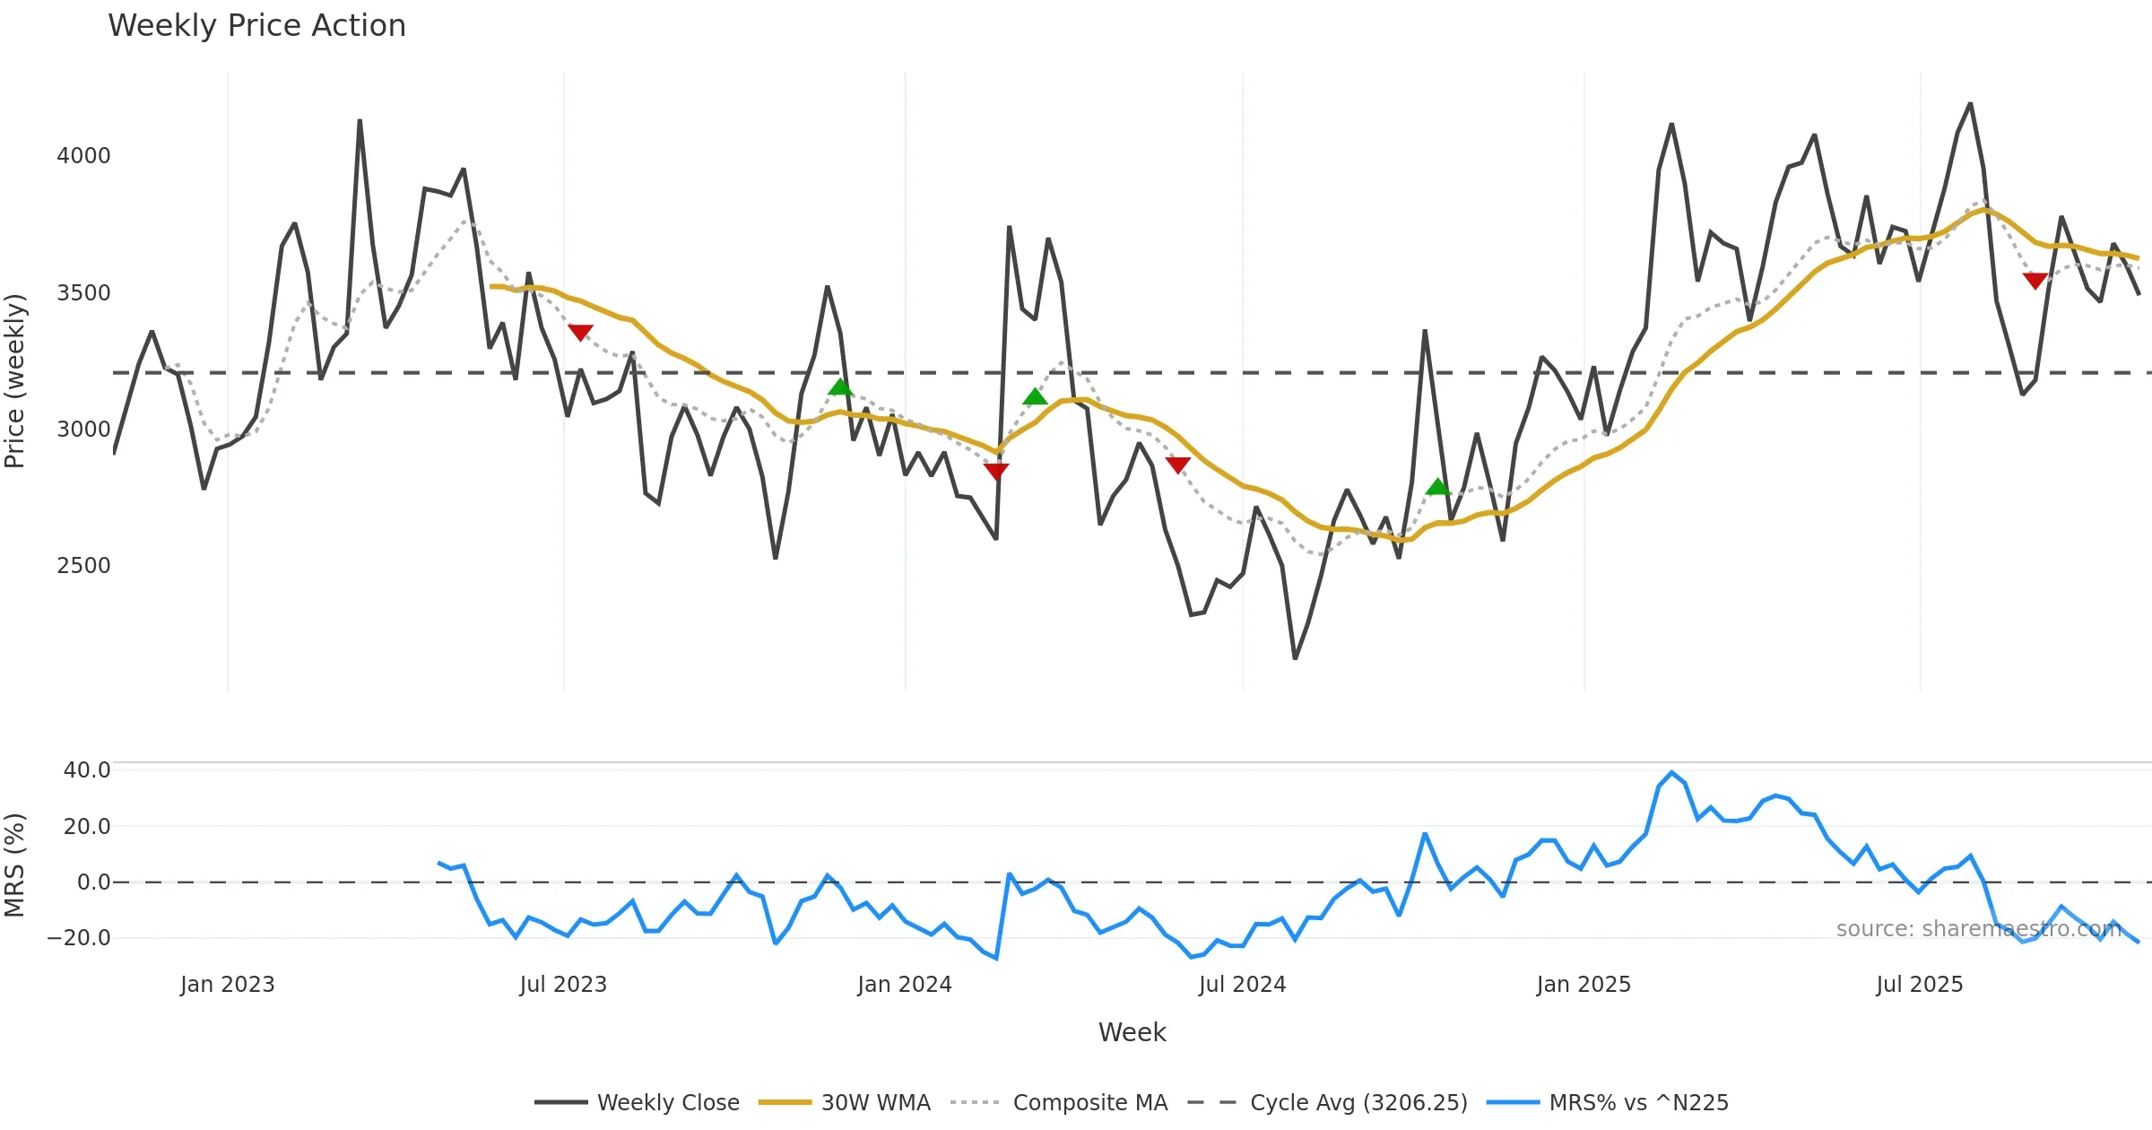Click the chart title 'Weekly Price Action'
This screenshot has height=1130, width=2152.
pyautogui.click(x=256, y=26)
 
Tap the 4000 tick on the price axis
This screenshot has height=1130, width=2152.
pyautogui.click(x=83, y=156)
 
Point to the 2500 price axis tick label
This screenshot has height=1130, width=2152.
pyautogui.click(x=83, y=566)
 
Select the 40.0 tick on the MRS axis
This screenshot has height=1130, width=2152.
pyautogui.click(x=87, y=770)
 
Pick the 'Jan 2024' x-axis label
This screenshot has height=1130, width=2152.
pyautogui.click(x=904, y=985)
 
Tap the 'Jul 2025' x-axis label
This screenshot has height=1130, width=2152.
pyautogui.click(x=1919, y=985)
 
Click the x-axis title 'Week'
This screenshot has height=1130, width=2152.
pyautogui.click(x=1132, y=1033)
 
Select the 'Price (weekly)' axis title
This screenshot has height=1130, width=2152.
pyautogui.click(x=15, y=381)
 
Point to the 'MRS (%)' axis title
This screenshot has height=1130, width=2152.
pyautogui.click(x=15, y=865)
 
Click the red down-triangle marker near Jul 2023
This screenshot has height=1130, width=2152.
pyautogui.click(x=580, y=332)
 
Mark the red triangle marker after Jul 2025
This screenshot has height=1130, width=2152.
pyautogui.click(x=2035, y=280)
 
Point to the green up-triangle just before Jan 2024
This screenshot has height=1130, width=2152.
pyautogui.click(x=840, y=387)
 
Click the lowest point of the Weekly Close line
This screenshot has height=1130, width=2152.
pyautogui.click(x=1295, y=658)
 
